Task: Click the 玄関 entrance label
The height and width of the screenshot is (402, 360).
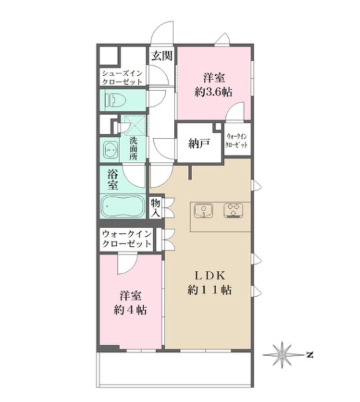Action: click(161, 55)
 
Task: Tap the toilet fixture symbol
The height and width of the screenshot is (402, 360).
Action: click(116, 100)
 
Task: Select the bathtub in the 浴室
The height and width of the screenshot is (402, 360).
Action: click(122, 206)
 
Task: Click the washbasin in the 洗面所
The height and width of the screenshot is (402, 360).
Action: click(110, 150)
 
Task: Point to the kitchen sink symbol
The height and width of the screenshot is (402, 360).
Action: click(203, 211)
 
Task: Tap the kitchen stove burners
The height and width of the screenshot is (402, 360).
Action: click(233, 211)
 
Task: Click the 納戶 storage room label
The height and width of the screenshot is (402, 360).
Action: click(199, 143)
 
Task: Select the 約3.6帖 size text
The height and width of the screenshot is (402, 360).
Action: click(213, 91)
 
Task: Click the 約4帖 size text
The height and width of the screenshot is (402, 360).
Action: click(130, 310)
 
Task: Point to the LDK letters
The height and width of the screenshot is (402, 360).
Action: click(209, 276)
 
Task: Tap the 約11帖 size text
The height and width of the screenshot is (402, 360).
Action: click(209, 290)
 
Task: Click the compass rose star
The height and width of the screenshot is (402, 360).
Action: click(282, 355)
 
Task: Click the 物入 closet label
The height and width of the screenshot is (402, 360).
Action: click(155, 208)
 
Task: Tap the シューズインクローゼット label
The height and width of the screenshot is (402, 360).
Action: click(122, 78)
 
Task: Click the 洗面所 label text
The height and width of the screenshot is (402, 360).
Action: click(133, 149)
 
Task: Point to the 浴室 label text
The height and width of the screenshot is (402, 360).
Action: click(113, 180)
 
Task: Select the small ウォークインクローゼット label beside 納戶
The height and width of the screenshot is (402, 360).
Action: click(237, 141)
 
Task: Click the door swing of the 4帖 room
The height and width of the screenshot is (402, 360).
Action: click(127, 264)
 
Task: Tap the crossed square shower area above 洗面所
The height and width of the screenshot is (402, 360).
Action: click(135, 125)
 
